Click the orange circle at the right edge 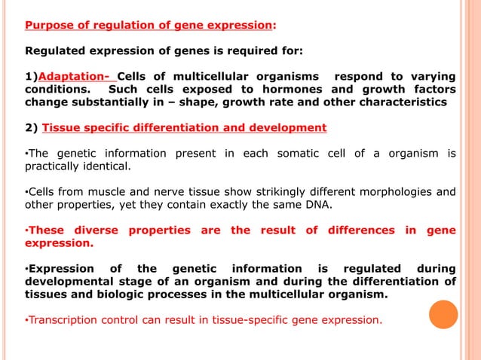point(444,314)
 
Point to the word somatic point(290,154)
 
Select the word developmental point(70,282)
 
